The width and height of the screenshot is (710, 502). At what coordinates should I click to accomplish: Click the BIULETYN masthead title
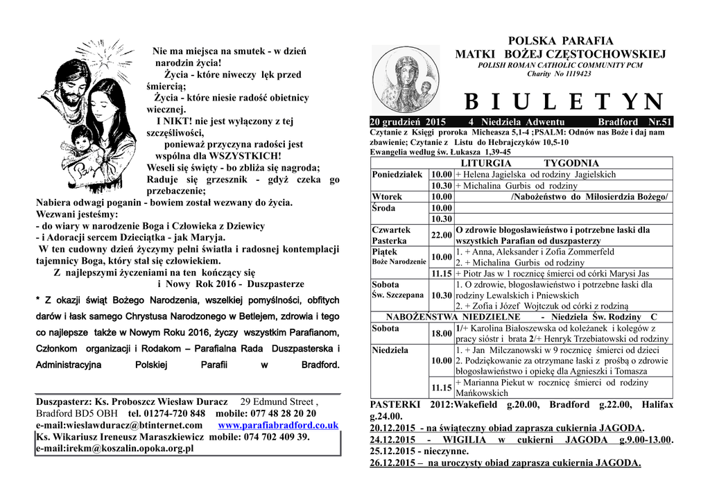click(x=563, y=102)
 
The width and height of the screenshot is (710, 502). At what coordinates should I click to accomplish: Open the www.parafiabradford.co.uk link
click(x=278, y=425)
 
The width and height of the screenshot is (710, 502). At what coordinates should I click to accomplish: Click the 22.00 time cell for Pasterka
click(x=442, y=235)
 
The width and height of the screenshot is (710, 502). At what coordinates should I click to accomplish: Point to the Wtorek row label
click(x=387, y=197)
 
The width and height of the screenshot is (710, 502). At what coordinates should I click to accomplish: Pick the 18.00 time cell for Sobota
click(x=442, y=334)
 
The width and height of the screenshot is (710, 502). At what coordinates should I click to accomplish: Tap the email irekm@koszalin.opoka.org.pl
click(x=114, y=449)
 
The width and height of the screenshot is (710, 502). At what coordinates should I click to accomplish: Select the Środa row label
click(x=384, y=208)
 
